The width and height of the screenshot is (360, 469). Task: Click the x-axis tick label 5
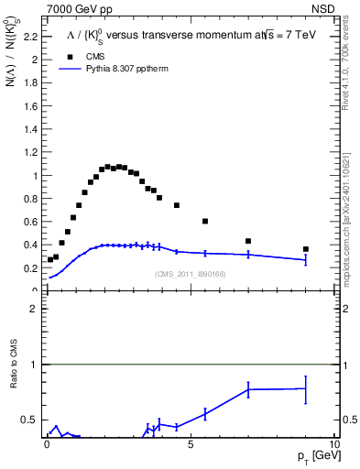(x=190, y=444)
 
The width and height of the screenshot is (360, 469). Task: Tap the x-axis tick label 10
(x=333, y=444)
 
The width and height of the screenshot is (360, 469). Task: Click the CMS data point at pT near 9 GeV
(x=305, y=249)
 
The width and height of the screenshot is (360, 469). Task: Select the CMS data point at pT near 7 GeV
(x=248, y=241)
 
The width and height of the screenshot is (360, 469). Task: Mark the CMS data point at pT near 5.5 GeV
(x=205, y=221)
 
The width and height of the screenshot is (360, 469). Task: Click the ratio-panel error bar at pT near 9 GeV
(x=305, y=389)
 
